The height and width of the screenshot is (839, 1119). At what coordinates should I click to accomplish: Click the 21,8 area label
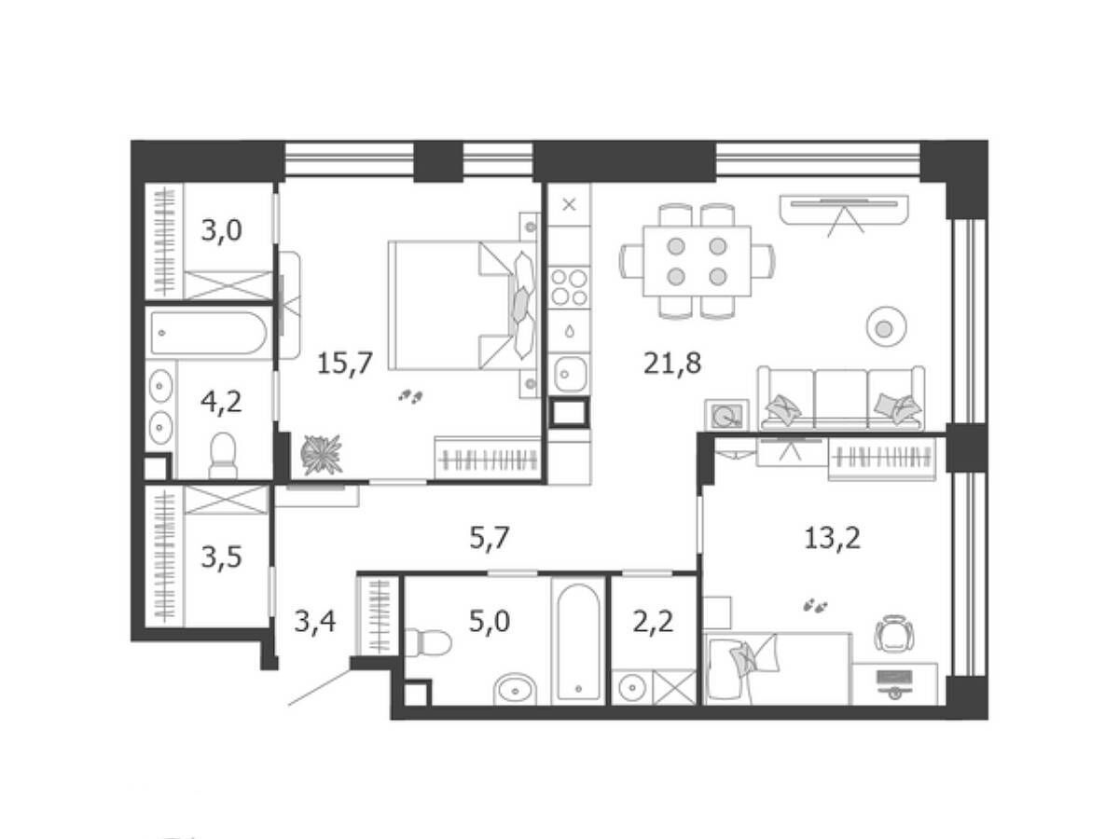[672, 364]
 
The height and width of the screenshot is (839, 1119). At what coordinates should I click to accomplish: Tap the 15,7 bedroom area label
[345, 364]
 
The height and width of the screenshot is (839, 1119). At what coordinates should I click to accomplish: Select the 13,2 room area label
[832, 538]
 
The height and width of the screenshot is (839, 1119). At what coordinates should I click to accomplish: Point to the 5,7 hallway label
[489, 538]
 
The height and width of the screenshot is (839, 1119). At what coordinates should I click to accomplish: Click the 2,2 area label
[653, 622]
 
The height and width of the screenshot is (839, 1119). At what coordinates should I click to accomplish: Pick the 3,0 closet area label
[221, 230]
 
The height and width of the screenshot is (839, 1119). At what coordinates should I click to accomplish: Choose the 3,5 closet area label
[221, 557]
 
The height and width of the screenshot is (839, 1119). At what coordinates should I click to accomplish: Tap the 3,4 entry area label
[315, 622]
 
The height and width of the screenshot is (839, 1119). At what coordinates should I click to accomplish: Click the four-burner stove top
[569, 287]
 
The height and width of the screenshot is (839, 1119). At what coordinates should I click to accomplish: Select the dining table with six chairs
[697, 261]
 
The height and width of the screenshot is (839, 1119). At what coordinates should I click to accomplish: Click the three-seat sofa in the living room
[841, 398]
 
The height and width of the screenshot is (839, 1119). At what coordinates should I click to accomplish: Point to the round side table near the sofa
[886, 327]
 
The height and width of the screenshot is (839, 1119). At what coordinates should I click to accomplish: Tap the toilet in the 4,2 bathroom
[223, 456]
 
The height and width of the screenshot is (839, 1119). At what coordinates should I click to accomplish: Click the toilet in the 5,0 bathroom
[428, 642]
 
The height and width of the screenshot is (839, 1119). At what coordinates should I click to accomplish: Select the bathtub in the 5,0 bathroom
[578, 642]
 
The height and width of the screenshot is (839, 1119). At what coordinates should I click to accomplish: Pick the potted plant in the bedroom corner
[321, 454]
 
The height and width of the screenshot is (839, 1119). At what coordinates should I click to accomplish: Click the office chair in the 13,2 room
[893, 633]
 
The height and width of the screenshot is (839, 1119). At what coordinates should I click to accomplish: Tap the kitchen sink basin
[570, 374]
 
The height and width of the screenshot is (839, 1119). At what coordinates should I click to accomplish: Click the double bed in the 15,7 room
[463, 306]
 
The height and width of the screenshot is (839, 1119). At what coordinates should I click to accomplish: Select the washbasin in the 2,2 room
[632, 688]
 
